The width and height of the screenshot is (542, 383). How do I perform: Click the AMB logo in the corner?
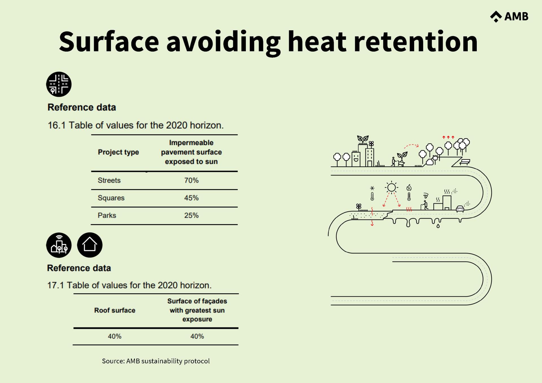(509, 17)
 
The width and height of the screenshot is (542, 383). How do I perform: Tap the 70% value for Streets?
(191, 180)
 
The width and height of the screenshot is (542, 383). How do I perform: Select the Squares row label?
(111, 198)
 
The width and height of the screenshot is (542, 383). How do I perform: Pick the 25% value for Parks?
(191, 215)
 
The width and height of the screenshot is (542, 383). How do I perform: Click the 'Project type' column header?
(118, 152)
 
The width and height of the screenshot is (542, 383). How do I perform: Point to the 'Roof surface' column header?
(115, 310)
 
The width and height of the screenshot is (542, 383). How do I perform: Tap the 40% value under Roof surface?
(115, 336)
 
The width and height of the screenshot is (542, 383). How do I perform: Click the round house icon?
(90, 245)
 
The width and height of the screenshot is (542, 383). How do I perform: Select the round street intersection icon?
(59, 84)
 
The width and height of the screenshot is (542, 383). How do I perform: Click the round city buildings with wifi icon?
(59, 245)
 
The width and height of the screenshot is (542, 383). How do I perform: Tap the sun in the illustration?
(391, 187)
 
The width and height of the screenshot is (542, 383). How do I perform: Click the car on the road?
(460, 209)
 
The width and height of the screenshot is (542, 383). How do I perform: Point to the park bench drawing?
(465, 162)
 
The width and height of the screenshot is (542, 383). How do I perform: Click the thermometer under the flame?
(409, 196)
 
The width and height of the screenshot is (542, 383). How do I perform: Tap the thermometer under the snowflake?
(372, 196)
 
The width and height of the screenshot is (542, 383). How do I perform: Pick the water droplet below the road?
(438, 226)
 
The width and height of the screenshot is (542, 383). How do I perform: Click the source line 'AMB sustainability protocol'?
(156, 361)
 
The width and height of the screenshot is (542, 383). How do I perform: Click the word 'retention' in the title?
(416, 42)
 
